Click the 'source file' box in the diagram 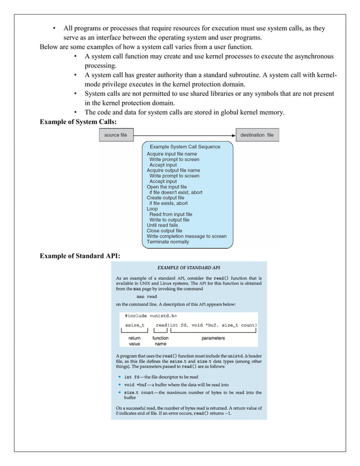point(116,135)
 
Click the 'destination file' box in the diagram point(256,135)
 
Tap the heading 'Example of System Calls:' point(78,122)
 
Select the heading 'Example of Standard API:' point(80,257)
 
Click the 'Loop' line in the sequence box point(152,209)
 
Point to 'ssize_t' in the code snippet point(134,326)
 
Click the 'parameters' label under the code point(213,338)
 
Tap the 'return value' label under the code point(134,341)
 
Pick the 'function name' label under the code point(161,341)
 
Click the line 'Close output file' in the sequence point(164,231)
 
